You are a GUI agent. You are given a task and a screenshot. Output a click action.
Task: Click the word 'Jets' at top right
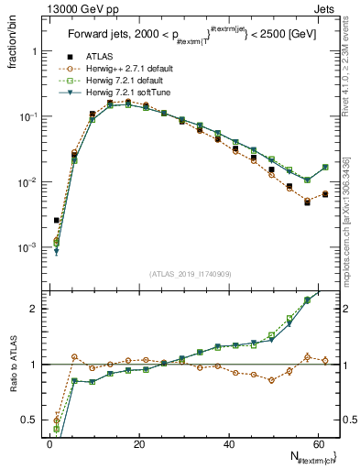point(326,8)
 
